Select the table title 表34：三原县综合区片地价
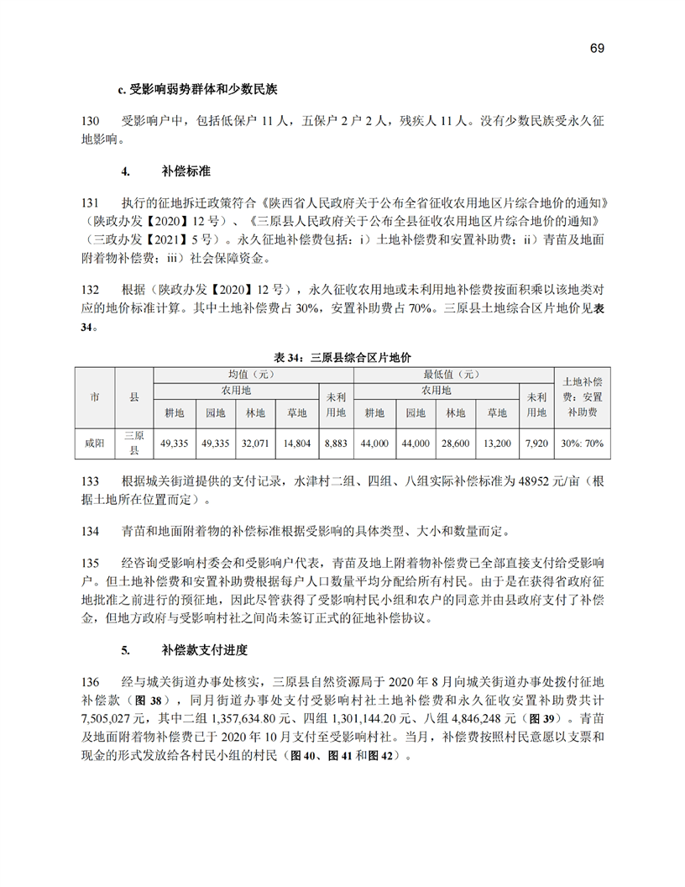342,359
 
